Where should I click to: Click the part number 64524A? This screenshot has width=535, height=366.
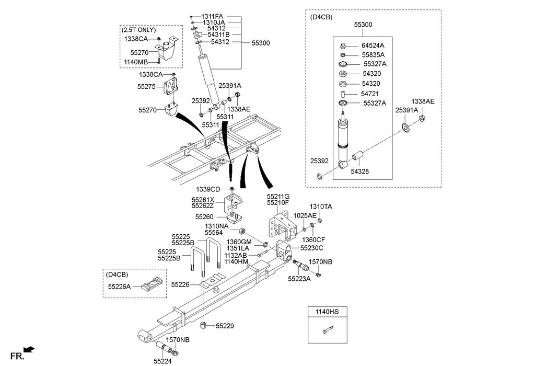pos(373,45)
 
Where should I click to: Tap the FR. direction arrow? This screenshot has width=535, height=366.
pos(29,349)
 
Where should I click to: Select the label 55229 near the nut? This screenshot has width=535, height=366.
pos(225,326)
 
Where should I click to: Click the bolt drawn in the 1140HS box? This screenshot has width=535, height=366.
pos(327,330)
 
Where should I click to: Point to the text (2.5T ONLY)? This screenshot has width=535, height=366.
pos(138,30)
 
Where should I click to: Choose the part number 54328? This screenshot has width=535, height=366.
pos(359,171)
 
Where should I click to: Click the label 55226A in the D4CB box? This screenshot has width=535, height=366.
pos(120,287)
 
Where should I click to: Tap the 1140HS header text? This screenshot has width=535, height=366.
pos(327,312)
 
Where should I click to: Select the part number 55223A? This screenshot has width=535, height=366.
pos(299,279)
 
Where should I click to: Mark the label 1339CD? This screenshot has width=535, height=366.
pos(208,189)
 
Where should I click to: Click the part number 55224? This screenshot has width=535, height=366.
pos(162,361)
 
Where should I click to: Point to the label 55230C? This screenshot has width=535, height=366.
pos(312,248)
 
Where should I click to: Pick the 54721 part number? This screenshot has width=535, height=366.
pos(370,94)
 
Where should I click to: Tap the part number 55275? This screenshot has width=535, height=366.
pos(147,87)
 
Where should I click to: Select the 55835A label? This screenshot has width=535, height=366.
pos(373,55)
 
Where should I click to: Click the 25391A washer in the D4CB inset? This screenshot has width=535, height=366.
pos(406,129)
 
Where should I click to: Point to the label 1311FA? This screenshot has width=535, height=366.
pos(212,16)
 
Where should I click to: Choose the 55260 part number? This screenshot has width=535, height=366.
pos(204,217)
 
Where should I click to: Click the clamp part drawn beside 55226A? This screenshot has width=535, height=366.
pos(152,283)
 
